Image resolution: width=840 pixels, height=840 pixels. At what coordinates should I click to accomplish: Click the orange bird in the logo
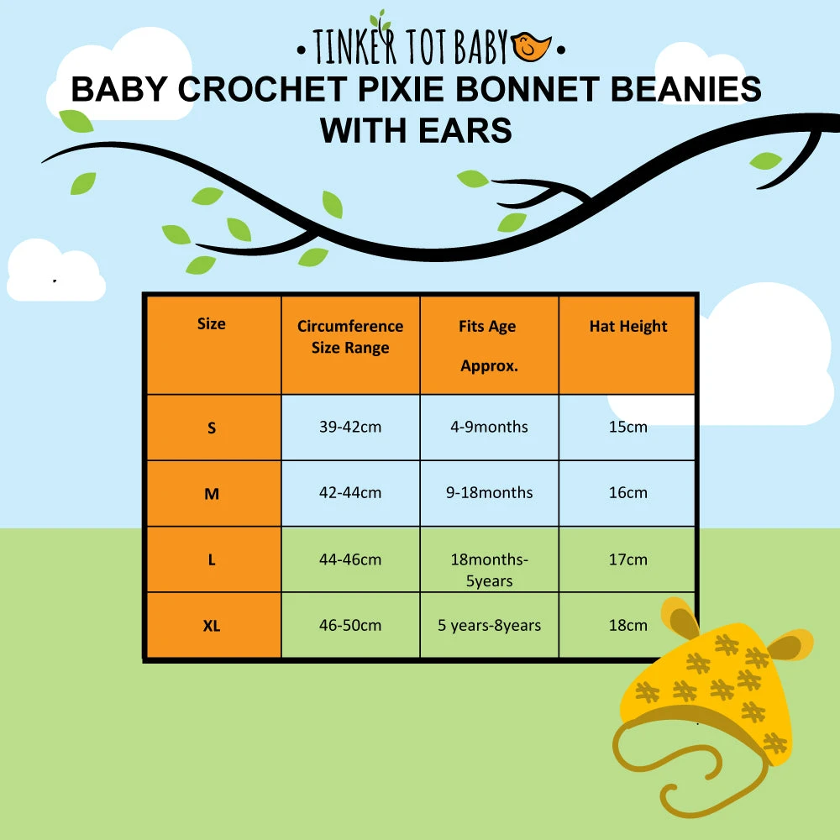click(530, 46)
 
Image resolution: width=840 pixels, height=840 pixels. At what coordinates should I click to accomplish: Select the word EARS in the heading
click(465, 131)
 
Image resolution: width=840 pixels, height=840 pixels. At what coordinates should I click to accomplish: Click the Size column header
click(212, 323)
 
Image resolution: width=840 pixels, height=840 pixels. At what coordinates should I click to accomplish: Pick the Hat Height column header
click(628, 326)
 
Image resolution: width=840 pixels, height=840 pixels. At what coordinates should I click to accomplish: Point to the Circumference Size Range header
click(350, 337)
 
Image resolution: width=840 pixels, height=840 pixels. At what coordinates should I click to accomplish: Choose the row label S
click(212, 428)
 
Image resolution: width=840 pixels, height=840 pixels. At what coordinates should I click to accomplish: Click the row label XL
click(212, 626)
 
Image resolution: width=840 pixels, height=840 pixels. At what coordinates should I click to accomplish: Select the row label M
click(212, 494)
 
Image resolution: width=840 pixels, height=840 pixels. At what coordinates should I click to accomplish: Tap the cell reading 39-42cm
click(350, 427)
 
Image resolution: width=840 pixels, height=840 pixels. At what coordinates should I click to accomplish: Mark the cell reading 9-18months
click(490, 493)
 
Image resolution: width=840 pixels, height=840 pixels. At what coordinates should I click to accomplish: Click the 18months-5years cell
click(490, 570)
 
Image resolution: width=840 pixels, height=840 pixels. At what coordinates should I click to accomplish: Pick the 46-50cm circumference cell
click(350, 625)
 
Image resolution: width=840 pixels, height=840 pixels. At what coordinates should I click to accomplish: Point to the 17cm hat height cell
click(627, 559)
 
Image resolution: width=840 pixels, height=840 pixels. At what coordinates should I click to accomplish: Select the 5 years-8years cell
click(490, 625)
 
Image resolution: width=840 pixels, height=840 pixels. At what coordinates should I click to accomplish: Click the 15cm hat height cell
click(627, 427)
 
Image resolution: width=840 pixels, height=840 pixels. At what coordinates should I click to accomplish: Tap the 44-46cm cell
click(350, 559)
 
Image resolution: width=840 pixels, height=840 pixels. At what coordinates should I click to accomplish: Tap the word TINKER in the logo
click(354, 46)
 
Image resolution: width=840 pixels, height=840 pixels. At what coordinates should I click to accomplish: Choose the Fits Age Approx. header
click(489, 346)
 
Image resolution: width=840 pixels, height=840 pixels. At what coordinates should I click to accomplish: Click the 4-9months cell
click(489, 427)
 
